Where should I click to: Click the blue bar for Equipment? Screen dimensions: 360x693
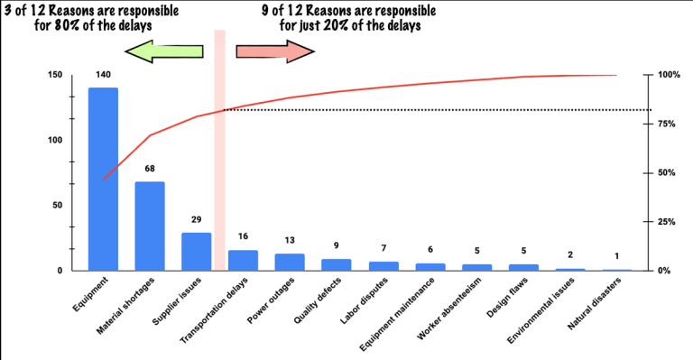pyautogui.click(x=103, y=179)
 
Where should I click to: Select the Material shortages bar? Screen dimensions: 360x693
pyautogui.click(x=150, y=226)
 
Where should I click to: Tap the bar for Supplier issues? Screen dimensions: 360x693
pyautogui.click(x=196, y=252)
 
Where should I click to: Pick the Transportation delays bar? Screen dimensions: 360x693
pyautogui.click(x=243, y=260)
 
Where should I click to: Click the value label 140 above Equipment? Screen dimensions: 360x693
pyautogui.click(x=103, y=76)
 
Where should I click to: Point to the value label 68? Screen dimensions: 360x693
pyautogui.click(x=150, y=170)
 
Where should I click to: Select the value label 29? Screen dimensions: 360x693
pyautogui.click(x=196, y=220)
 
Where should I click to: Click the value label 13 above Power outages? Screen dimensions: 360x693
pyautogui.click(x=290, y=241)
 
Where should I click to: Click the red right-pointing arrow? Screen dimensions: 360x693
pyautogui.click(x=275, y=52)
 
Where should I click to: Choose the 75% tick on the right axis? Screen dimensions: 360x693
pyautogui.click(x=666, y=124)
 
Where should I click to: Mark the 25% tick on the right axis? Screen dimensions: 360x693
pyautogui.click(x=666, y=222)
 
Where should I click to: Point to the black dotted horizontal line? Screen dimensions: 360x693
pyautogui.click(x=433, y=110)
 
